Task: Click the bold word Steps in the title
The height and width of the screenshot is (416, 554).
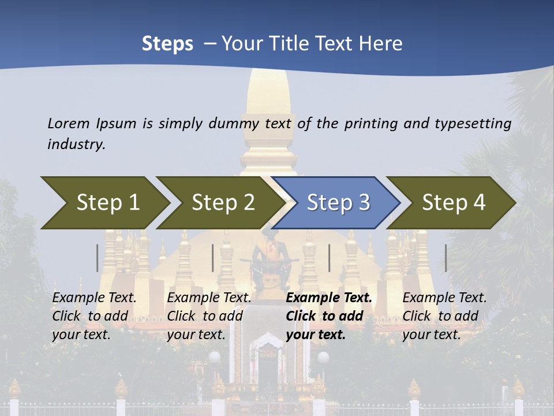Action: pyautogui.click(x=167, y=44)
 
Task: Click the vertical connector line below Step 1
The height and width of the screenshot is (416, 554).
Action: pyautogui.click(x=98, y=258)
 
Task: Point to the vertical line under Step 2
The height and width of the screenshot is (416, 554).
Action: pyautogui.click(x=213, y=258)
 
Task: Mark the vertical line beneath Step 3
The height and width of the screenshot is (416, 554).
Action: pyautogui.click(x=330, y=258)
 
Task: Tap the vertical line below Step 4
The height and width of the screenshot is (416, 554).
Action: pyautogui.click(x=446, y=258)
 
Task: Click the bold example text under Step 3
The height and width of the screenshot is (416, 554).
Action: pyautogui.click(x=328, y=316)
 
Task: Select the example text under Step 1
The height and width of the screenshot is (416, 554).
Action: pyautogui.click(x=94, y=316)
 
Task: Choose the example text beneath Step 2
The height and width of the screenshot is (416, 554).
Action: pyautogui.click(x=209, y=316)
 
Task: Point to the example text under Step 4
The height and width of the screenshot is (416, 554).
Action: pyautogui.click(x=444, y=316)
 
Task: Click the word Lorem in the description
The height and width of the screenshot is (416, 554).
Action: pyautogui.click(x=69, y=124)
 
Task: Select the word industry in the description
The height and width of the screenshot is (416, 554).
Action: pyautogui.click(x=76, y=144)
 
